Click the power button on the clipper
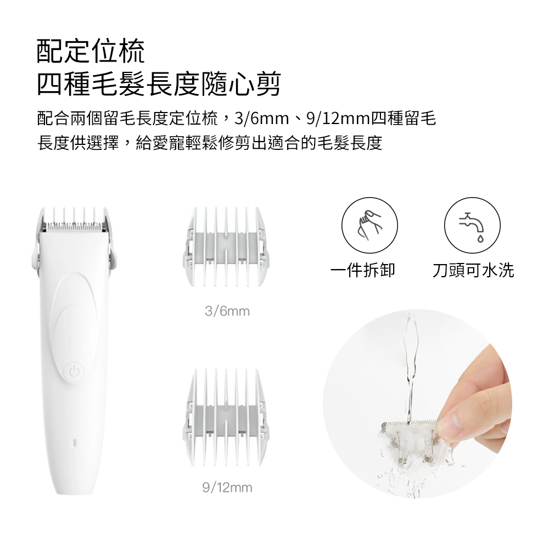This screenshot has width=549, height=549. (75, 372)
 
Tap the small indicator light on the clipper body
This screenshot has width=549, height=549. (74, 442)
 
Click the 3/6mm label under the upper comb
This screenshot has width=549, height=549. (227, 311)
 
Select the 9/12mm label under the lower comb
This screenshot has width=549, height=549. (227, 488)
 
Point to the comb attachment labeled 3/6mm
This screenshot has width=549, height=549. (226, 246)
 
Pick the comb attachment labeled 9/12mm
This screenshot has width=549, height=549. (226, 417)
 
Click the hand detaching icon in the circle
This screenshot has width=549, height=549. (369, 225)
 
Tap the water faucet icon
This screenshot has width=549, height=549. (472, 225)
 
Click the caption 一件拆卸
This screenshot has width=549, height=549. (363, 270)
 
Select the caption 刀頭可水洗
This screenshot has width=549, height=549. (473, 270)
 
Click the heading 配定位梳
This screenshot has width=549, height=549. (91, 51)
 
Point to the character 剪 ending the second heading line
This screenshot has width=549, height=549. (268, 83)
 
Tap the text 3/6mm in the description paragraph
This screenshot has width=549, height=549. (262, 119)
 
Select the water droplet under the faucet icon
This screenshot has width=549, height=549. (480, 238)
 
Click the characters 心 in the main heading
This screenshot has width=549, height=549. (242, 83)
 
